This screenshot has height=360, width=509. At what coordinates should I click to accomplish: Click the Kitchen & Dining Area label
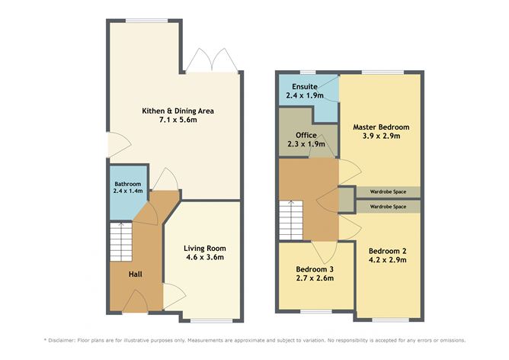tap(178, 111)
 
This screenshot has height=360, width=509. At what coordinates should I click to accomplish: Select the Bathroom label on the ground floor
tap(127, 185)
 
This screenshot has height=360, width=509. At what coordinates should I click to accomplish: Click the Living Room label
tap(205, 248)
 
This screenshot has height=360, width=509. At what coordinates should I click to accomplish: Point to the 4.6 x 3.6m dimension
tap(205, 259)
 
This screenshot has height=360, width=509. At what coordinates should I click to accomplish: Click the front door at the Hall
tap(136, 307)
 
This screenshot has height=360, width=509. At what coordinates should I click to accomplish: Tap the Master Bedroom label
tap(382, 127)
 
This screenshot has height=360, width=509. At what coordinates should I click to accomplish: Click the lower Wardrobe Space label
tap(388, 206)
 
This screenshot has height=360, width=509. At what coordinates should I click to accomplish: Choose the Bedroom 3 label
tap(315, 269)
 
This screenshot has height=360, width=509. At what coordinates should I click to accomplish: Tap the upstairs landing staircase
tap(292, 220)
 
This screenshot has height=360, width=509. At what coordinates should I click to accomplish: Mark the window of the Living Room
tap(205, 320)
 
